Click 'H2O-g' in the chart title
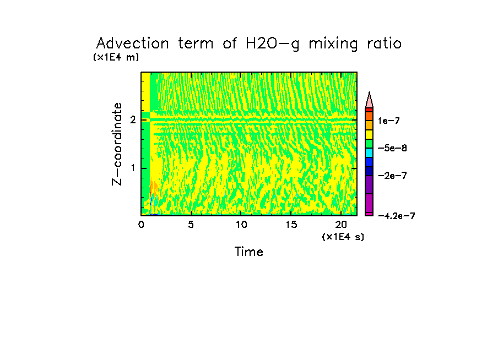click(x=271, y=43)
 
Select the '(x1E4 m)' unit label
click(x=116, y=57)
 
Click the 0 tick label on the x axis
click(x=141, y=225)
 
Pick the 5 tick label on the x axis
click(x=191, y=225)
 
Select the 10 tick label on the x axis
click(x=241, y=225)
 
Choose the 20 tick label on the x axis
click(x=340, y=225)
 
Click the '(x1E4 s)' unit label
click(x=343, y=237)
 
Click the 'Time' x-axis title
click(x=249, y=252)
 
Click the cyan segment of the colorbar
click(x=369, y=152)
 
